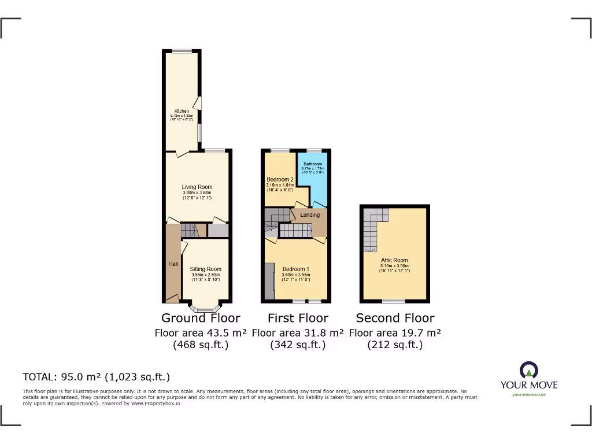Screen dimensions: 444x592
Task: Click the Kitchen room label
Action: pos(182,111)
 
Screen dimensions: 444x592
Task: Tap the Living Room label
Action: pos(197,187)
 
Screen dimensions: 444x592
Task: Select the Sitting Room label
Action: pos(206,269)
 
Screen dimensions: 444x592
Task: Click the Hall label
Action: pos(173,264)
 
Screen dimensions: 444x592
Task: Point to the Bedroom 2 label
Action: pos(280,179)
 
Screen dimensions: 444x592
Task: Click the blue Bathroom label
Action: pos(312,164)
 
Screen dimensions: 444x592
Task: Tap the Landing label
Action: pos(310,215)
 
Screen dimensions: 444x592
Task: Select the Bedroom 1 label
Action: pos(296,269)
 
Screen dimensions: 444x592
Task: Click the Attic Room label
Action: pos(395,260)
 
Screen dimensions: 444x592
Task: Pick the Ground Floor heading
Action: pos(201,318)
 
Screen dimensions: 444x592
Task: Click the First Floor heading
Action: pos(298,318)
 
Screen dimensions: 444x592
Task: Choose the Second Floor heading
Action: pos(395,318)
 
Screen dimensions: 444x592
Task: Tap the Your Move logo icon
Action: pos(528,370)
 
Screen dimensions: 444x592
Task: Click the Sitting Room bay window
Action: pos(205,309)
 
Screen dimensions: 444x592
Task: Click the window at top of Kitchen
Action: pos(184,50)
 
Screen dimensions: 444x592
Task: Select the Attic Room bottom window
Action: pos(394,301)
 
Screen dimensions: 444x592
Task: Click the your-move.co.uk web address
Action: pos(528,394)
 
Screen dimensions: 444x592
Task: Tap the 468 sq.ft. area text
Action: pos(201,345)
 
